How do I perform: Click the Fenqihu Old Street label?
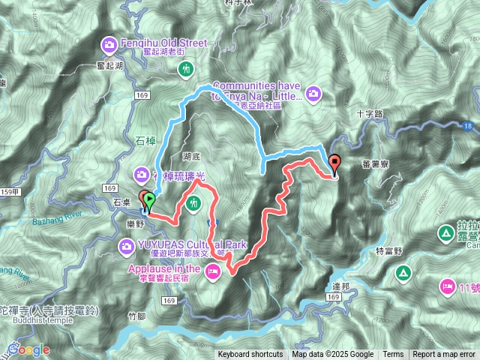(x=163, y=43)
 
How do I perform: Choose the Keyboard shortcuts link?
(x=250, y=355)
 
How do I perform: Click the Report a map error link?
(x=445, y=355)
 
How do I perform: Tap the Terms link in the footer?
(x=393, y=355)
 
